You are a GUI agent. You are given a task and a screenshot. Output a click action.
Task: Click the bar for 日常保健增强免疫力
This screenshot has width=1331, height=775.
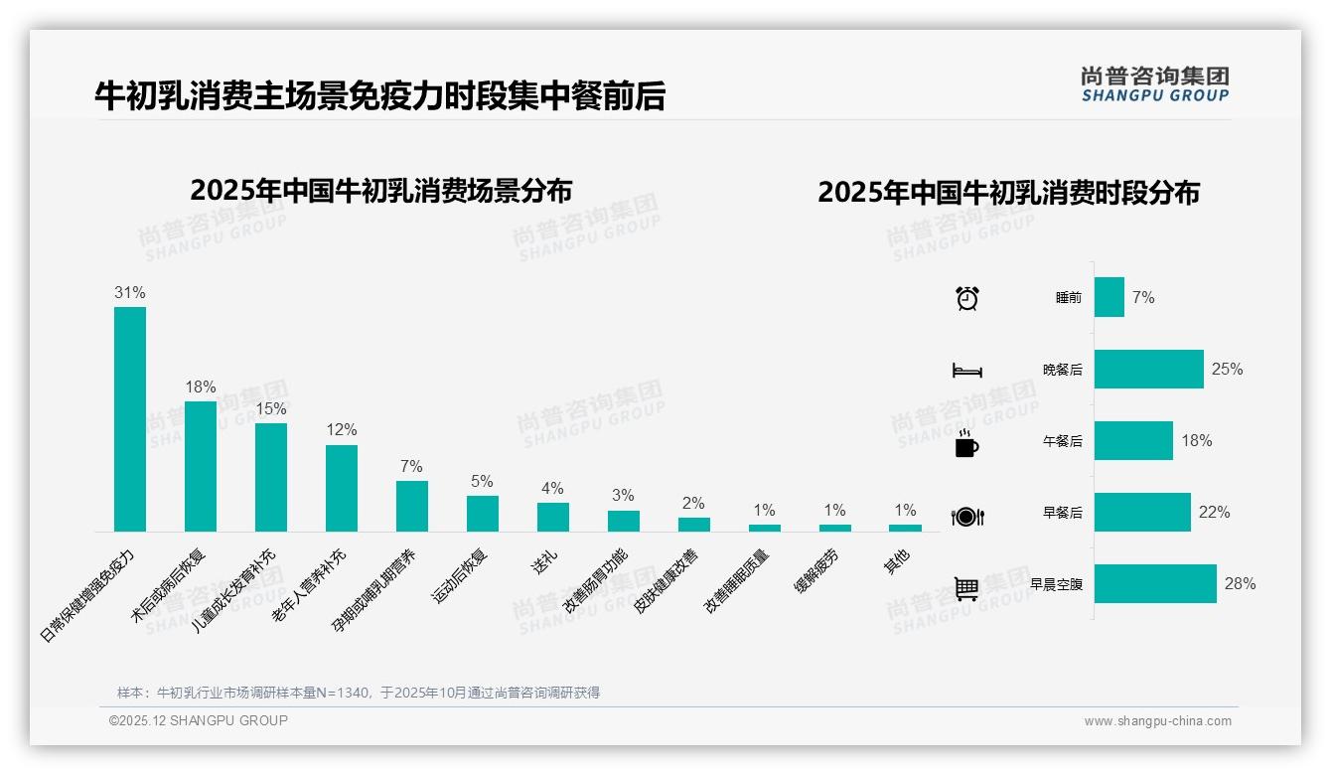point(130,418)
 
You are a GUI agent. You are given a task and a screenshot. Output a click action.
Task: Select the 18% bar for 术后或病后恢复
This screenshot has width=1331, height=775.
point(201,466)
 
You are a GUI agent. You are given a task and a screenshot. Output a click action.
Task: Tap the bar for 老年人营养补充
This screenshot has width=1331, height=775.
point(342,488)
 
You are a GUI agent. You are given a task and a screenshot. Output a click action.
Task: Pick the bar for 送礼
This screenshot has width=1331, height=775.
point(553,517)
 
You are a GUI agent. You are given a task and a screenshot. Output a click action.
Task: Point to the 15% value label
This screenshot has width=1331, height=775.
point(271,408)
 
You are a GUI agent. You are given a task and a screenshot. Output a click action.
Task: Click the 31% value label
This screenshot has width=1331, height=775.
point(130,292)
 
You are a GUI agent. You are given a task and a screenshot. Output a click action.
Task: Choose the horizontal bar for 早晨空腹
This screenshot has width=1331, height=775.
point(1155,584)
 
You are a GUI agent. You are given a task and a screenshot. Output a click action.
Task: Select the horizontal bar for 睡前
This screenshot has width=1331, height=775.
point(1109,297)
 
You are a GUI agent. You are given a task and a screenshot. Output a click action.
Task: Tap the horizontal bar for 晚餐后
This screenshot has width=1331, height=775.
point(1148,369)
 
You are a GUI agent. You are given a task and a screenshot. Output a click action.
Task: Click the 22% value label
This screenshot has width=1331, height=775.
point(1214,513)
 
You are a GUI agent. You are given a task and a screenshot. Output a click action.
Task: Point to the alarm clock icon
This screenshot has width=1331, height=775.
point(966,298)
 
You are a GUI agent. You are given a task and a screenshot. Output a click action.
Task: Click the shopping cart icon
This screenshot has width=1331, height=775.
point(966,588)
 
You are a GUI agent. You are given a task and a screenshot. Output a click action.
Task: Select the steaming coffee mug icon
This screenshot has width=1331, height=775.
point(966,443)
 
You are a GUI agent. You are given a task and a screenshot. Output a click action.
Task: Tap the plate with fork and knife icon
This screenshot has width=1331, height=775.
point(966,516)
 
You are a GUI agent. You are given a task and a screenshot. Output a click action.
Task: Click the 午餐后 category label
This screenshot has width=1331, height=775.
point(1062,441)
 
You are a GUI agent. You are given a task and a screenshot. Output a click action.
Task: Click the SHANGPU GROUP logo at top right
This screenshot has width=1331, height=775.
point(1154,84)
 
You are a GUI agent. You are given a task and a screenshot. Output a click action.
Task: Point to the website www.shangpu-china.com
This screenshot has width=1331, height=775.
point(1157,721)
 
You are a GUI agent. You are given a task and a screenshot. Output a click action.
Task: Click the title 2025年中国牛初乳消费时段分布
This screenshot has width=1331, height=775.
point(1008,192)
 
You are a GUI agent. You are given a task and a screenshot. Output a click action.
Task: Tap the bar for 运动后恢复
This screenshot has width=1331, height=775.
point(483,514)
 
